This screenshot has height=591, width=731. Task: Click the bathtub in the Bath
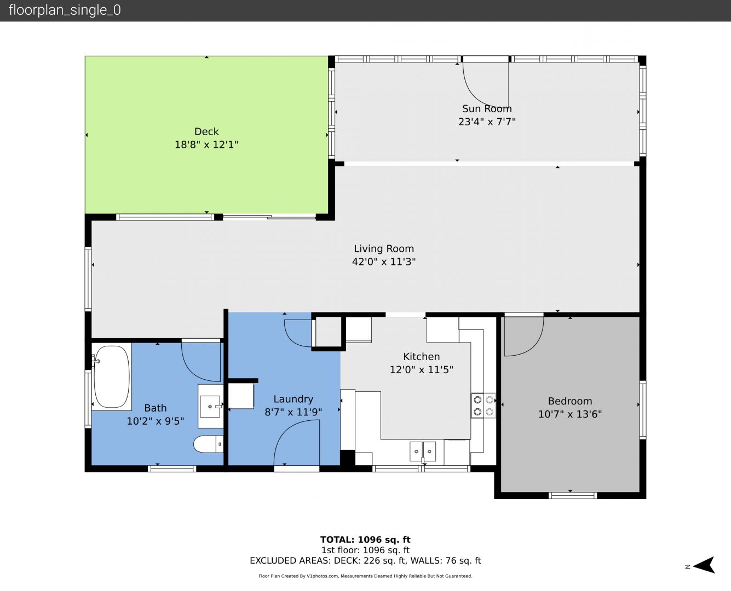pos(112,376)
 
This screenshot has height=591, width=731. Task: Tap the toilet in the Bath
pos(208,444)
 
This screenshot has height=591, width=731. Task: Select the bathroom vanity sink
pos(210,406)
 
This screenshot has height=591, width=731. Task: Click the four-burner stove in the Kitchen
pos(484,405)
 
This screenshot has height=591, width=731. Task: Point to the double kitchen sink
pos(423,451)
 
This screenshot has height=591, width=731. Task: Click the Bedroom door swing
pos(523,336)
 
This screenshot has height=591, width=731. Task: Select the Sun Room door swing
pos(486,85)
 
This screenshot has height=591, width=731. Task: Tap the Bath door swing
pos(201,362)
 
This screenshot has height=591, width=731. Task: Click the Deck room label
pos(206,131)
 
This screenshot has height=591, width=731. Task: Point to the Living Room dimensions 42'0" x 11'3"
pos(384,262)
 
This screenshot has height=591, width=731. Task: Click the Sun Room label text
pos(487,109)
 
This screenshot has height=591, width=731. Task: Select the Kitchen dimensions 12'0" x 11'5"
pos(422,370)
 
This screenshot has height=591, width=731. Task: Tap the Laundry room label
pos(293,399)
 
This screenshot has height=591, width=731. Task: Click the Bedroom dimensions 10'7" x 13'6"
pos(570,414)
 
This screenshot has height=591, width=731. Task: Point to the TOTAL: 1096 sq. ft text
pos(366,540)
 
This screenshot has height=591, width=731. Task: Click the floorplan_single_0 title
pos(65,10)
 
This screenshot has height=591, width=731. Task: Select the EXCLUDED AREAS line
pos(366,560)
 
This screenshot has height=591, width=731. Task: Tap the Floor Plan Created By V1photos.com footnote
pos(366,576)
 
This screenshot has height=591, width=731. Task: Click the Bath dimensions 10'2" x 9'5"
pos(156,421)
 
